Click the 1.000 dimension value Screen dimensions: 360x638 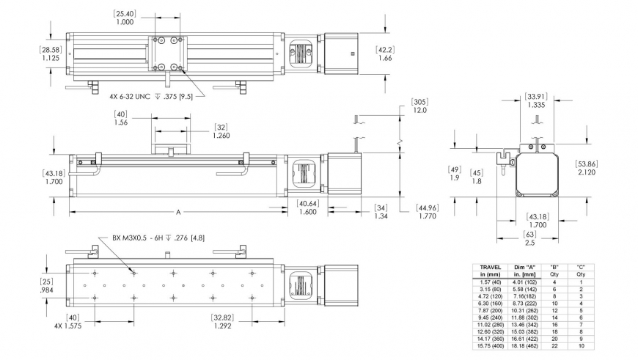click(125, 22)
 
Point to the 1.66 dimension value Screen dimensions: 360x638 click(384, 58)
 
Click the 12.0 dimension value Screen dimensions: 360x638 click(419, 110)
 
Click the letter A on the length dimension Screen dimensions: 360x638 click(178, 211)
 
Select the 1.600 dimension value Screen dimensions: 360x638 click(308, 212)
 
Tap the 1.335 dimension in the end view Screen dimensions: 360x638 click(536, 105)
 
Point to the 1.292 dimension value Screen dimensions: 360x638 click(222, 325)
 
